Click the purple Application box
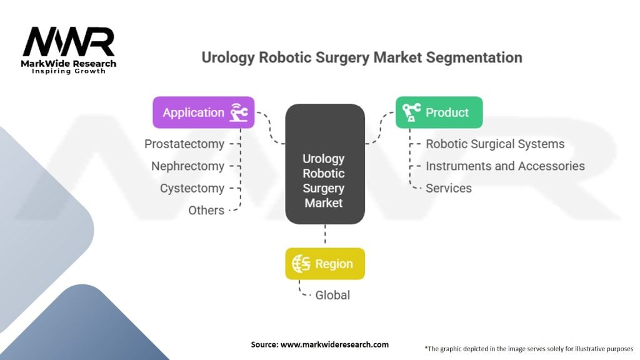204,112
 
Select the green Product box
439,112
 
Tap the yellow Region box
325,264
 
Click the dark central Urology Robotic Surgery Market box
325,164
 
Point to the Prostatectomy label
184,144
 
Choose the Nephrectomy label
187,166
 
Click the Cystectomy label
192,188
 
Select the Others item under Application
206,210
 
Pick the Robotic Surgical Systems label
495,144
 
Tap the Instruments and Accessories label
505,166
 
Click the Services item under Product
449,188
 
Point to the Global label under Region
332,295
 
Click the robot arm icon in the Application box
239,112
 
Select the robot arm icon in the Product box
411,112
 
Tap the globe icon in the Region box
301,264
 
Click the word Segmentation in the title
474,57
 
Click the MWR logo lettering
69,42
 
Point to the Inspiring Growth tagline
69,71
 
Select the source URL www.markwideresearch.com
334,344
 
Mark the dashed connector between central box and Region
325,234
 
